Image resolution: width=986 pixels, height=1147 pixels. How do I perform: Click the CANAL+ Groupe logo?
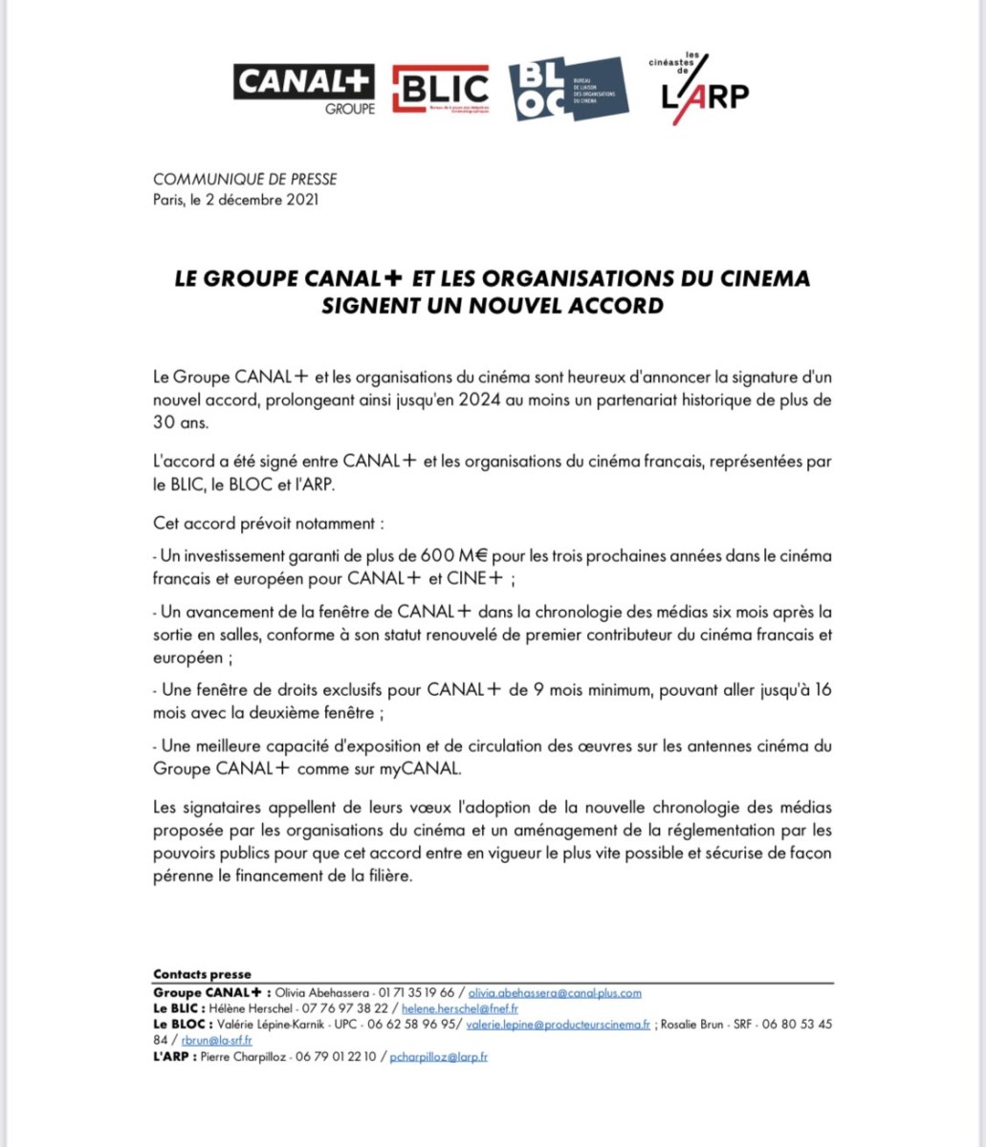pyautogui.click(x=304, y=89)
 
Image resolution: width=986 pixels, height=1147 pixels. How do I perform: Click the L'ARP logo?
pyautogui.click(x=706, y=91)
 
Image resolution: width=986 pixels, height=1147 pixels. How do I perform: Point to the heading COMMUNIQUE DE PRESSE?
pyautogui.click(x=245, y=180)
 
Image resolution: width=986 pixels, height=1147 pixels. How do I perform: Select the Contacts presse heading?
pyautogui.click(x=202, y=974)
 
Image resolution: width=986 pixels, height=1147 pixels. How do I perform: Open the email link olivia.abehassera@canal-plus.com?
pyautogui.click(x=555, y=993)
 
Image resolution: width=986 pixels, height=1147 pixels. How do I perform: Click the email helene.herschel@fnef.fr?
pyautogui.click(x=460, y=1008)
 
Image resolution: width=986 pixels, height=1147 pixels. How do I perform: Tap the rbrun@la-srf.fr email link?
pyautogui.click(x=217, y=1040)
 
